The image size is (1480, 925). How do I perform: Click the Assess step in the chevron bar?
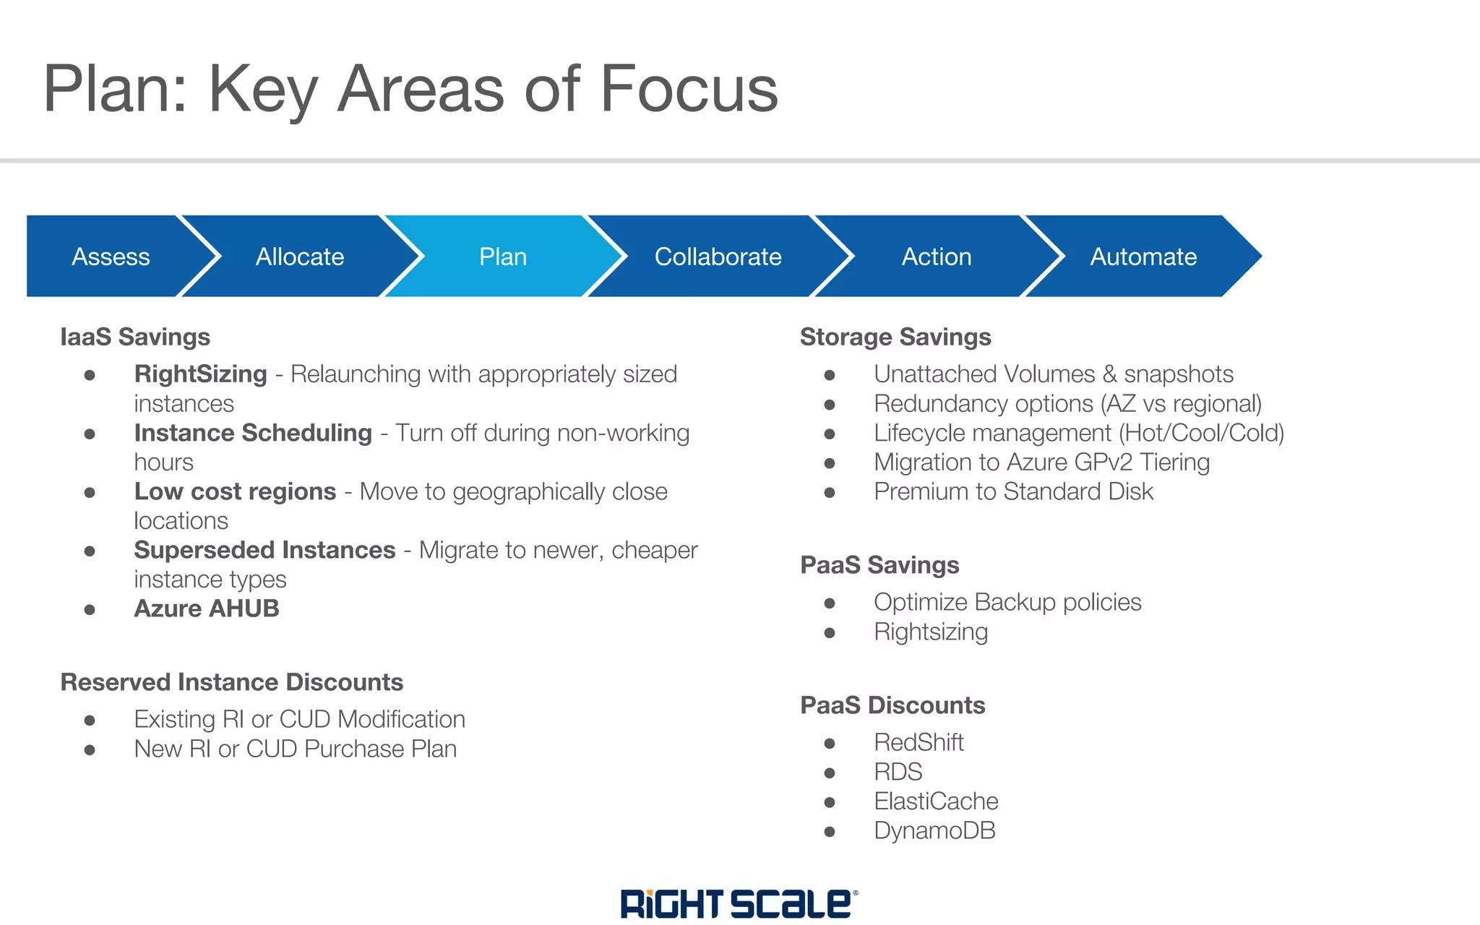tap(111, 257)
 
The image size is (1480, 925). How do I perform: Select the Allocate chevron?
tap(300, 257)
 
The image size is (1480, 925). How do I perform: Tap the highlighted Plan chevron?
tap(503, 257)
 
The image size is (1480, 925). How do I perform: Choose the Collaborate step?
tap(718, 257)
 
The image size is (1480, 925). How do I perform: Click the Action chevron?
tap(937, 257)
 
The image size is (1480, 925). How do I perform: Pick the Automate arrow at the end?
tap(1143, 257)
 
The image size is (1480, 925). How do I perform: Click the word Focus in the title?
tap(689, 89)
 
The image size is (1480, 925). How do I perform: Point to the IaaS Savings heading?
tap(135, 337)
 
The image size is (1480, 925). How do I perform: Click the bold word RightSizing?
tap(200, 374)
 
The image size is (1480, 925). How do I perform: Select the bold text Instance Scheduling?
tap(253, 433)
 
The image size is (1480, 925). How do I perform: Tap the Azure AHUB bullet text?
tap(207, 608)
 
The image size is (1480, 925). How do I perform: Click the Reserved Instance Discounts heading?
tap(231, 682)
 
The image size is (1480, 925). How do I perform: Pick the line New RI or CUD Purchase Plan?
tap(295, 749)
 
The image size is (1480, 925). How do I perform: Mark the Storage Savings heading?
tap(895, 337)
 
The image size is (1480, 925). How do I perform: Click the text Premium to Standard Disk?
tap(1013, 491)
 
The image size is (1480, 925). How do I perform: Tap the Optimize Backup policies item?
tap(1007, 602)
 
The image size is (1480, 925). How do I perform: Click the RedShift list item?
tap(918, 742)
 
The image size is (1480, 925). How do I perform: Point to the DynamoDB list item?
tap(934, 830)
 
